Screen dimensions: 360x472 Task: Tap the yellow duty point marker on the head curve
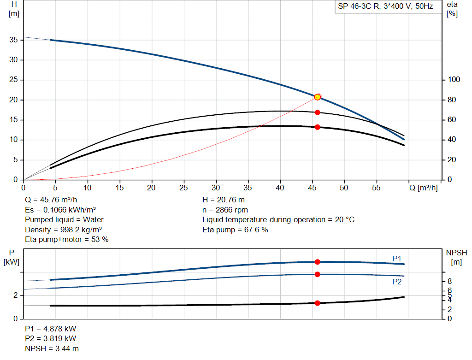click(x=317, y=97)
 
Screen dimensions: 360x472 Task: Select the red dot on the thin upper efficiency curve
click(x=317, y=112)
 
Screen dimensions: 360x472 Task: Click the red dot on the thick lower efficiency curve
click(x=317, y=127)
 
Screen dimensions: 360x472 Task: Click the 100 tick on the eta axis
click(x=454, y=80)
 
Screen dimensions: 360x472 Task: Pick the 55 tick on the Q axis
click(x=375, y=188)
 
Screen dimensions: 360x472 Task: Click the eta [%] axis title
click(x=452, y=9)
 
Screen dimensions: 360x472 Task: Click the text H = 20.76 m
click(x=224, y=200)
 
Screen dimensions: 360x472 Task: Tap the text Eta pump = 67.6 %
click(x=235, y=230)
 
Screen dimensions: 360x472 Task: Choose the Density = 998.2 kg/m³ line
click(x=64, y=230)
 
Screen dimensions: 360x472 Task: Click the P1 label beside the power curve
click(x=397, y=259)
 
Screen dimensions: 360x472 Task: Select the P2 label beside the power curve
click(x=397, y=282)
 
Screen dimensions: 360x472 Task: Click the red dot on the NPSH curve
click(x=317, y=303)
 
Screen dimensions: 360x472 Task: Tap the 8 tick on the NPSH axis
click(x=449, y=281)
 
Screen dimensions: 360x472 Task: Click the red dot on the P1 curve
click(x=317, y=262)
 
